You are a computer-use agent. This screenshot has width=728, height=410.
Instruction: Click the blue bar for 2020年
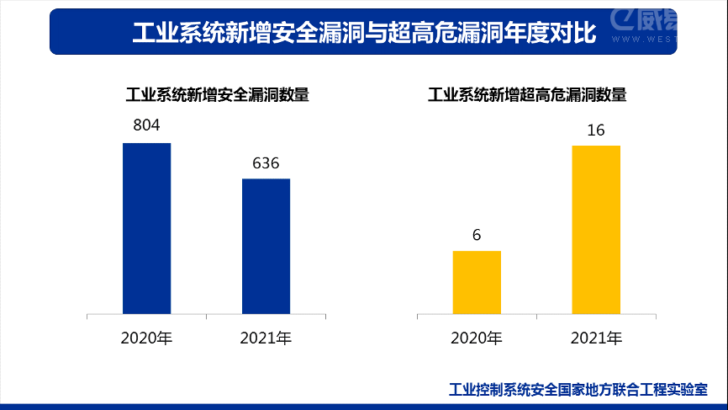[x=146, y=229]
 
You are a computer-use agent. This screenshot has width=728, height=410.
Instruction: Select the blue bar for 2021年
[x=266, y=247]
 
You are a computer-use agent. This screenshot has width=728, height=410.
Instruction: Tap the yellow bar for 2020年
[x=477, y=283]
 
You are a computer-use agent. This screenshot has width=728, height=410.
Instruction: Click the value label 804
[x=146, y=125]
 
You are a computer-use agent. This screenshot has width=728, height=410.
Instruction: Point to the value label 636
[x=266, y=162]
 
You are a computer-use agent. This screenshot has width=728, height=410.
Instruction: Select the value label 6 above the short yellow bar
[x=477, y=235]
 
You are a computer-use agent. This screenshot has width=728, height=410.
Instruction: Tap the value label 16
[x=596, y=130]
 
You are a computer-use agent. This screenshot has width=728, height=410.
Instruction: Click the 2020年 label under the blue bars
[x=146, y=339]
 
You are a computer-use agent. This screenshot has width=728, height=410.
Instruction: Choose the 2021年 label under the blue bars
[x=266, y=339]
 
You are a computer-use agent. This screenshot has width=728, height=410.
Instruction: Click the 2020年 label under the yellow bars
[x=477, y=339]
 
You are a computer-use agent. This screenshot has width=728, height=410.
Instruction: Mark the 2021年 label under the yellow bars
[x=596, y=339]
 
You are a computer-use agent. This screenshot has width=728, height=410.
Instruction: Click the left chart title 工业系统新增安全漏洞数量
[x=218, y=94]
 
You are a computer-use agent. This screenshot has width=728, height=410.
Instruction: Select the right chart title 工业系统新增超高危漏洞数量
[x=527, y=94]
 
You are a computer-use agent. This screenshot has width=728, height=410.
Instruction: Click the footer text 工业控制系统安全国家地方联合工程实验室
[x=578, y=390]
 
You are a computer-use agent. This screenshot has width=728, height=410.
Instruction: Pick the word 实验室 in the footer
[x=688, y=390]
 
